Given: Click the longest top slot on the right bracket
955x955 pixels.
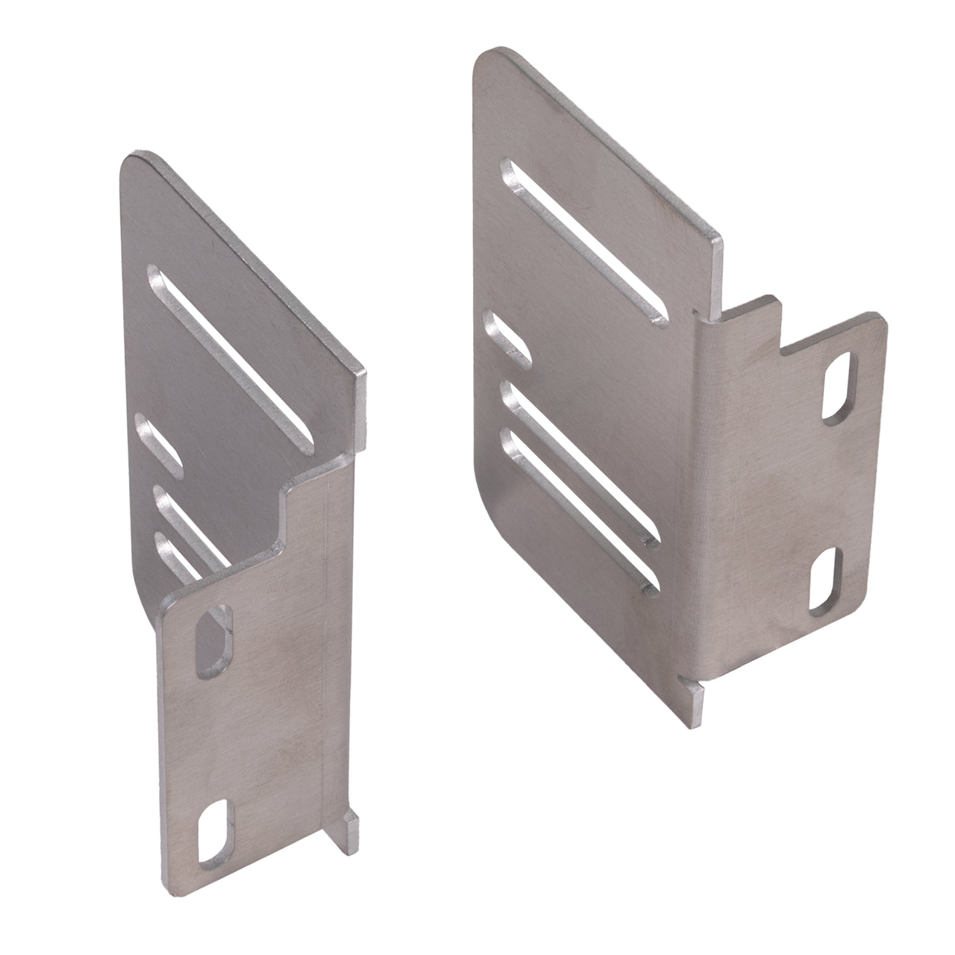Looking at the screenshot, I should pyautogui.click(x=581, y=243).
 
